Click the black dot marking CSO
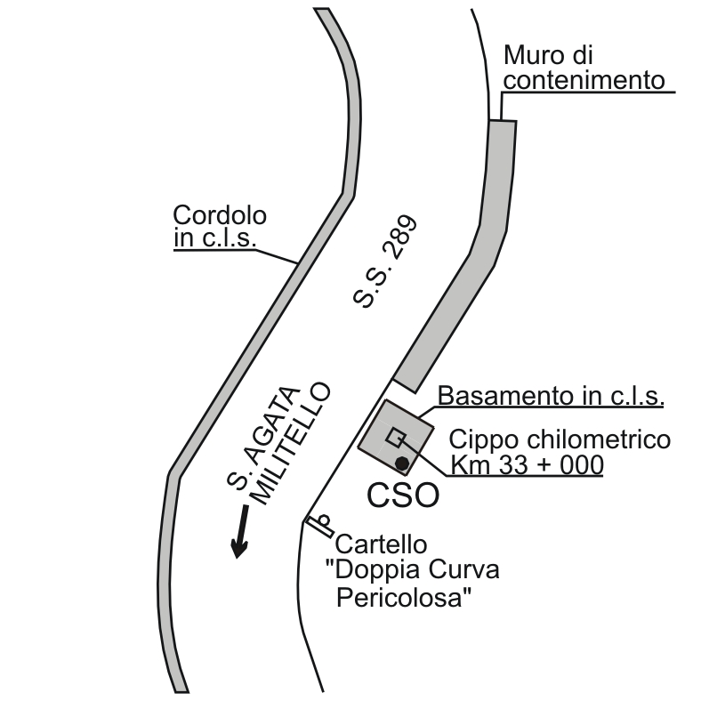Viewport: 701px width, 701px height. pyautogui.click(x=402, y=463)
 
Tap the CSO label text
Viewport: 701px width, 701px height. pyautogui.click(x=403, y=496)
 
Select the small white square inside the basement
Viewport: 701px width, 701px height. pyautogui.click(x=396, y=438)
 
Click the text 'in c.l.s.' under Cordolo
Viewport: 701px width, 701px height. pyautogui.click(x=214, y=238)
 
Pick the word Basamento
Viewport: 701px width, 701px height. pyautogui.click(x=495, y=396)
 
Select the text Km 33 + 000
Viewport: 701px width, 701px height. pyautogui.click(x=527, y=465)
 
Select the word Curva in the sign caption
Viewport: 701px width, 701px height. pyautogui.click(x=462, y=570)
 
